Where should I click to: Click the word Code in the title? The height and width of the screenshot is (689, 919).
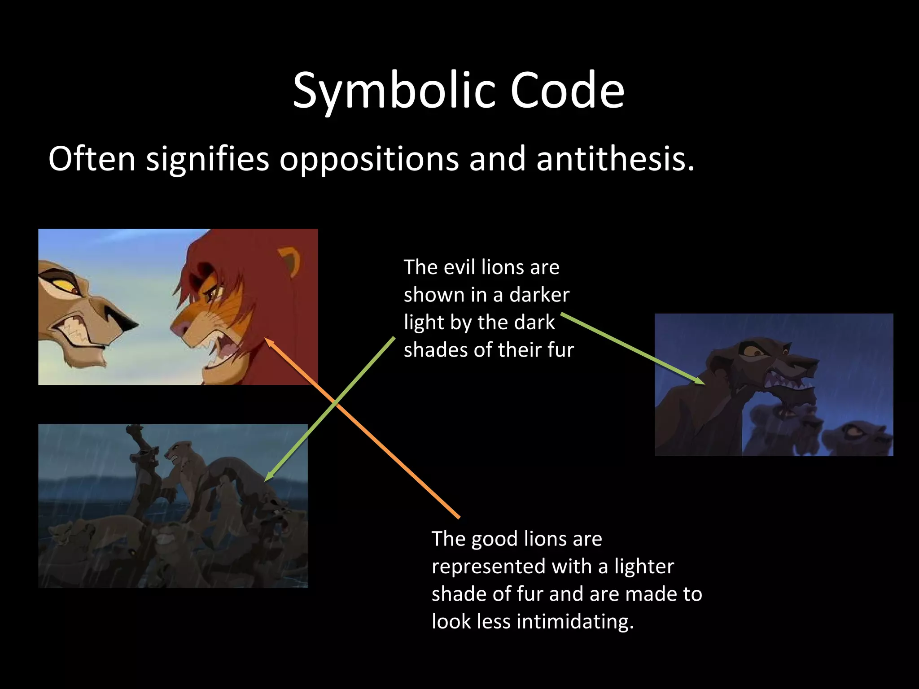pyautogui.click(x=567, y=91)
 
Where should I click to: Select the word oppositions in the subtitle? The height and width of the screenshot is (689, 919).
pyautogui.click(x=369, y=160)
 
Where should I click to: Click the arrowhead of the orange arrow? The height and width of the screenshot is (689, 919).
pyautogui.click(x=268, y=341)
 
